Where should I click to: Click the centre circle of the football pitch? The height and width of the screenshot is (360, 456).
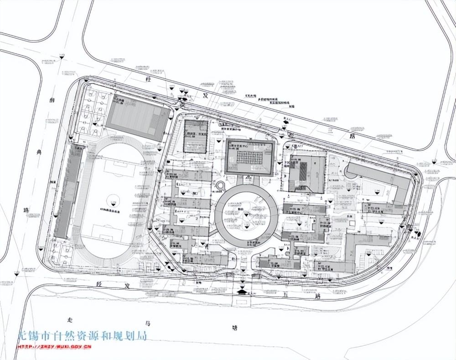(113, 199)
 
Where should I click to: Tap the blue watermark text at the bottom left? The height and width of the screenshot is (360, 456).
(82, 337)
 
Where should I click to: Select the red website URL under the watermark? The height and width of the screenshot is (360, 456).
(55, 347)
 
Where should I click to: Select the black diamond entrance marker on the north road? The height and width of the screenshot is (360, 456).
(286, 121)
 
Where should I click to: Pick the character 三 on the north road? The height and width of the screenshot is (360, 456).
(332, 129)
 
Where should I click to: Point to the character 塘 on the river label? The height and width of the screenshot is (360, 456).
(234, 327)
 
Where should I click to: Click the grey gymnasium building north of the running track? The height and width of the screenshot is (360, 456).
(137, 118)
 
